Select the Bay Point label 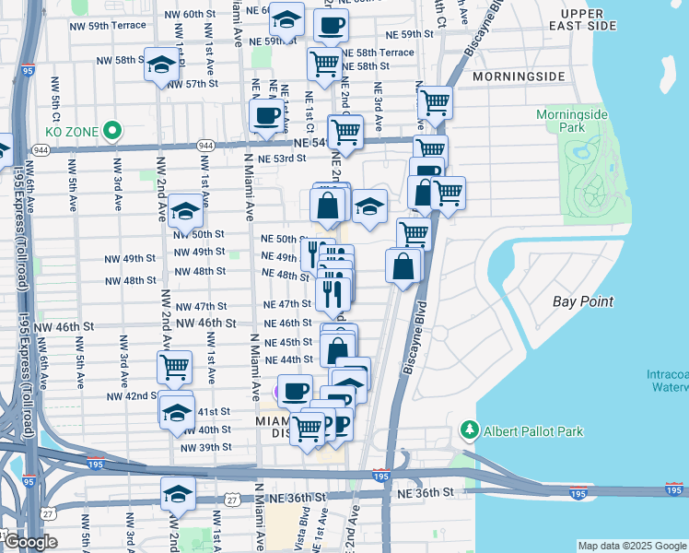coord(582,301)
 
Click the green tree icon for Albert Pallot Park coord(470,431)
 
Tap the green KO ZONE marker coord(114,131)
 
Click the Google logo coord(29,542)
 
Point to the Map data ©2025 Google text coord(631,546)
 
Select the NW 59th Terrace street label coord(108,25)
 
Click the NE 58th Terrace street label coord(378,53)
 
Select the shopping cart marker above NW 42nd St coord(174,368)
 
